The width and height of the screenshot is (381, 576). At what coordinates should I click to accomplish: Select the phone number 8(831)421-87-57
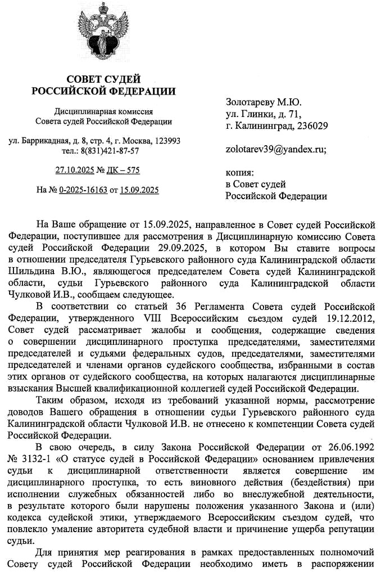pos(110,151)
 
